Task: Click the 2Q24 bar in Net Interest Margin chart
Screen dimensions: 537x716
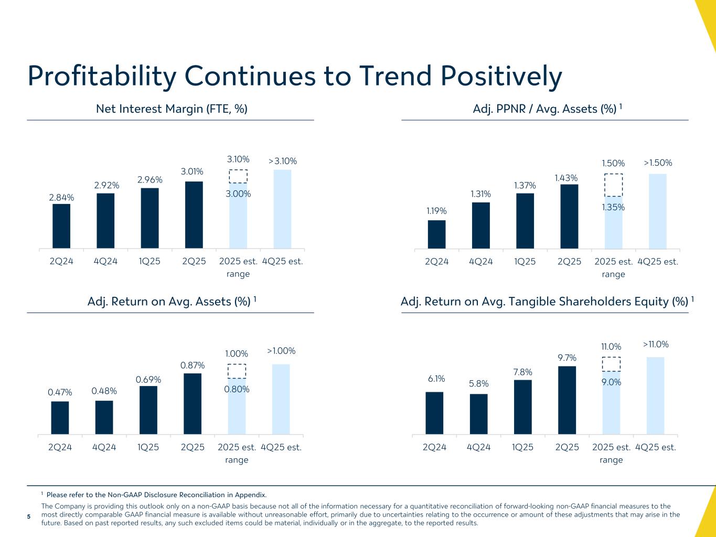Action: point(61,226)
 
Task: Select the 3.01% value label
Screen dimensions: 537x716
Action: point(192,171)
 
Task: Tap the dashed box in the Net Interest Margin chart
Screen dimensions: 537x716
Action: point(238,176)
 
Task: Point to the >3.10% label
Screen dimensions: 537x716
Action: point(282,161)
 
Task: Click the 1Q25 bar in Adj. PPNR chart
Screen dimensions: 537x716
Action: point(525,221)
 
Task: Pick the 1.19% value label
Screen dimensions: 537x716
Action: point(436,211)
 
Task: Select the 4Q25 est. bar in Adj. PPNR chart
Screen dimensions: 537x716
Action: point(658,211)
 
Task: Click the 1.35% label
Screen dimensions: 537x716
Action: point(614,207)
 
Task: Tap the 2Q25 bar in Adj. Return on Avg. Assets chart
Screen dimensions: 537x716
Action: point(193,404)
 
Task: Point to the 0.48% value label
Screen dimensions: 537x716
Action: point(104,391)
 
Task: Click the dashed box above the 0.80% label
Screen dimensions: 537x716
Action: point(237,371)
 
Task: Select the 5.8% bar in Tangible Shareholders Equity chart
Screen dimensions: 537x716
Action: point(479,414)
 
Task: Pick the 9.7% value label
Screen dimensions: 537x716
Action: point(567,358)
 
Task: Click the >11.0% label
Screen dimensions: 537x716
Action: point(656,345)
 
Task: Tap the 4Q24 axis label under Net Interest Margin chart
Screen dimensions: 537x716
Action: point(105,261)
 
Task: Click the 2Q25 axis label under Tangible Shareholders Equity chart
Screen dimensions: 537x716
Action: point(567,447)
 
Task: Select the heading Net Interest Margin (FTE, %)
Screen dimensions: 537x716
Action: point(172,109)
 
